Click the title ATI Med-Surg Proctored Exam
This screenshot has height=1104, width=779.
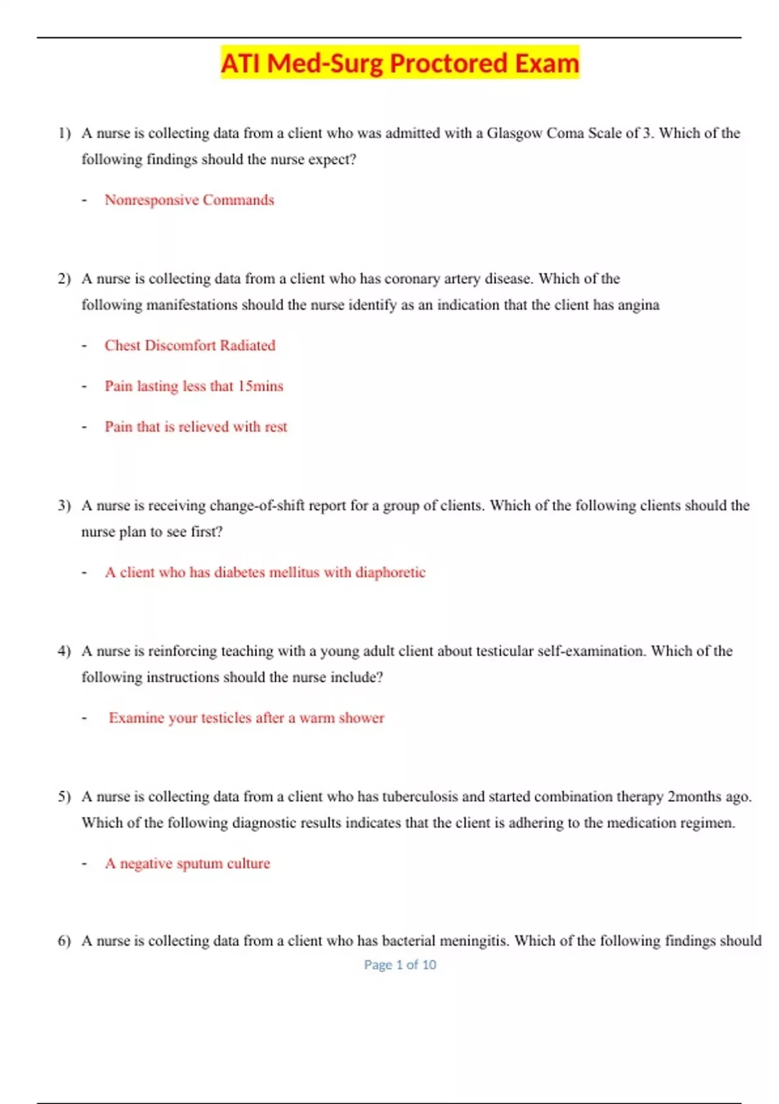pos(399,64)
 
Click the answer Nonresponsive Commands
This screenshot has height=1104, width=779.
pos(189,200)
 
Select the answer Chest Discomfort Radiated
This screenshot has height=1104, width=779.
pos(190,345)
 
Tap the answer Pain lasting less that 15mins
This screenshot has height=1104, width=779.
pos(193,386)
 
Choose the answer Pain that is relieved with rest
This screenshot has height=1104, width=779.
pos(195,427)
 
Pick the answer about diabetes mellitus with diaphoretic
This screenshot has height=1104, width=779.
pos(265,572)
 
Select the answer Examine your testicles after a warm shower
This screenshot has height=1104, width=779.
pos(246,718)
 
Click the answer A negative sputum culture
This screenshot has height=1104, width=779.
pos(187,863)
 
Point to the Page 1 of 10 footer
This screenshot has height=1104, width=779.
pos(400,965)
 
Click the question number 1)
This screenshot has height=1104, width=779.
pos(64,133)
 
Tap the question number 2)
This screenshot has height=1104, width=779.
pos(64,279)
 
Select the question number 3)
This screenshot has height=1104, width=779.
pos(64,505)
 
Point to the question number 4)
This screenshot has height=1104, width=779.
pos(64,651)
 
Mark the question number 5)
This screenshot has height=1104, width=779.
pos(64,796)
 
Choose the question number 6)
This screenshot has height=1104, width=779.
pos(64,941)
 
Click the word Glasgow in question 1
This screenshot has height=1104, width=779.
pos(514,133)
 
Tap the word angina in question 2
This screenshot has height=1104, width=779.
pos(638,305)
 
